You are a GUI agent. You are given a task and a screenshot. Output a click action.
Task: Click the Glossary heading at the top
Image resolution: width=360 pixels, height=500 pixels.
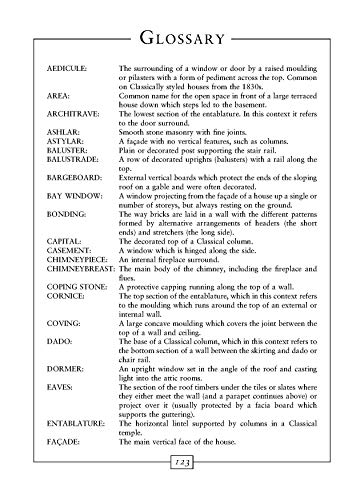point(180,40)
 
